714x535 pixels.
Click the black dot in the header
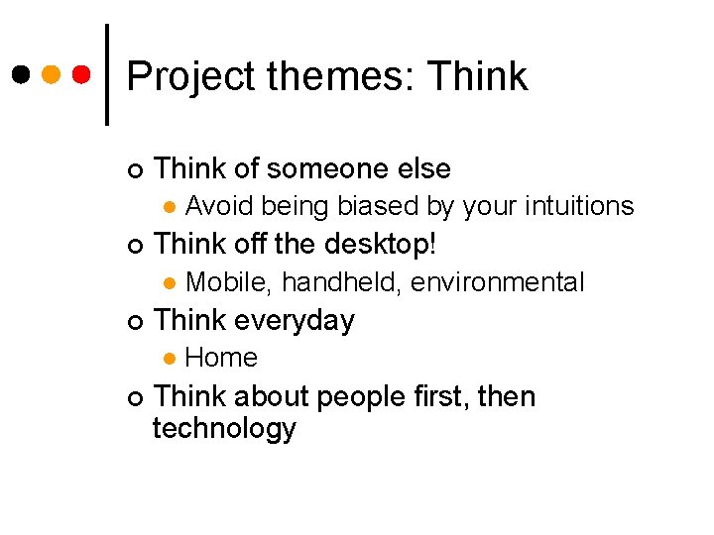coord(20,74)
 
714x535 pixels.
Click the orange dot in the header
coord(52,74)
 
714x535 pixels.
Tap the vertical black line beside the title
coord(107,74)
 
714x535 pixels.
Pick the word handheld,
coord(341,282)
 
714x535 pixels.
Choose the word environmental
coord(497,282)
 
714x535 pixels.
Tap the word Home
coord(221,358)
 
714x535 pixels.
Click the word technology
coord(224,429)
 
